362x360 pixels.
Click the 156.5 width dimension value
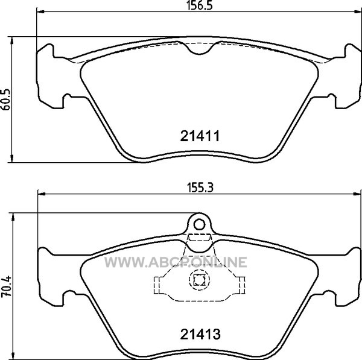(x=200, y=5)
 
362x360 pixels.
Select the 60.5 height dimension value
(x=6, y=99)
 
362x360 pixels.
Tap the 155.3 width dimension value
(x=200, y=188)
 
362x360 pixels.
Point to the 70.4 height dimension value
(x=6, y=286)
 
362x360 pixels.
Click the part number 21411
(x=200, y=136)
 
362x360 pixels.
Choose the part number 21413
(x=200, y=334)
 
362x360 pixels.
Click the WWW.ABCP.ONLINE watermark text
(x=176, y=262)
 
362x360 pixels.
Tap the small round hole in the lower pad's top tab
(x=200, y=224)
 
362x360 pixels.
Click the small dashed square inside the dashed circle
(x=200, y=280)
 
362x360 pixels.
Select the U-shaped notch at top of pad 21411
(x=200, y=49)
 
